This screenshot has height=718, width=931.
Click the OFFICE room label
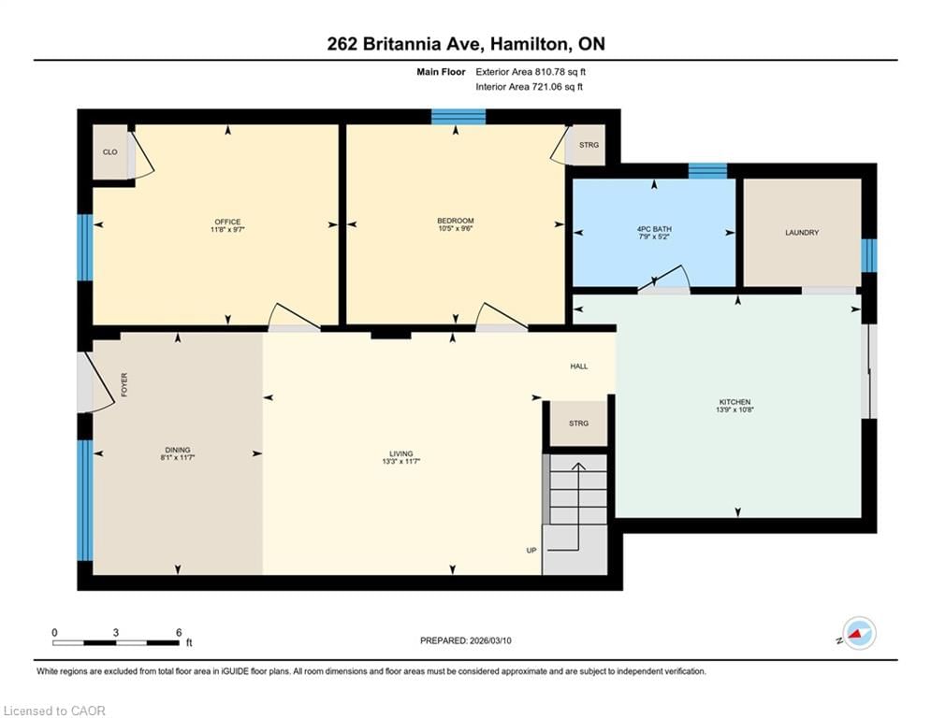point(227,222)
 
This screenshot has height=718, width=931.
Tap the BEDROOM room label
point(457,220)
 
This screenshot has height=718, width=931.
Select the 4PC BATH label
point(654,229)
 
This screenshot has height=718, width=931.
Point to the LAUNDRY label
point(802,233)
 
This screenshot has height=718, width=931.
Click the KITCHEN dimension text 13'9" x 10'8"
point(737,409)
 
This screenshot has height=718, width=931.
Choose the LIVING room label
point(401,453)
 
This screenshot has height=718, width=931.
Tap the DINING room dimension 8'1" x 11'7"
point(177,459)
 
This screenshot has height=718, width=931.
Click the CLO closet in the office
point(109,151)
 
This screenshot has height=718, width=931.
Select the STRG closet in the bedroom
point(589,146)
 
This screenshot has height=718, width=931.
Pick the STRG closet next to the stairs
point(578,424)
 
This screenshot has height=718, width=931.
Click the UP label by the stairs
point(531,551)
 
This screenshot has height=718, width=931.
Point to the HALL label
point(579,366)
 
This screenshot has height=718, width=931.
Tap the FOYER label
point(124,384)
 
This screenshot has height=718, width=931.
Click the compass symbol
point(859,633)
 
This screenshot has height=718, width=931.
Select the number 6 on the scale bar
point(178,632)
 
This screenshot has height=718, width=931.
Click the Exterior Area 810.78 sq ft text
point(531,72)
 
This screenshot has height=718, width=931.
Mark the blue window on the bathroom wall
point(707,170)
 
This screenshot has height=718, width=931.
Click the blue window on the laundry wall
point(869,255)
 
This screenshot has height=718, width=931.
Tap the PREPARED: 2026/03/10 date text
point(466,640)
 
